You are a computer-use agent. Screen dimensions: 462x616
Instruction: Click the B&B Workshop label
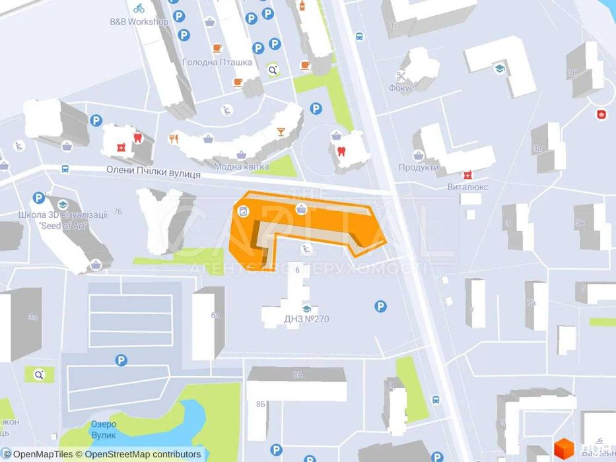(139, 22)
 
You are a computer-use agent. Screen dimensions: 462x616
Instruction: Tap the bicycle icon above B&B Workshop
(139, 9)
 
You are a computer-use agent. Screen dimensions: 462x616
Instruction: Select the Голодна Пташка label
(217, 63)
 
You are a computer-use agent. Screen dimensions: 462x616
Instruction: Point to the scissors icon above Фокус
(401, 76)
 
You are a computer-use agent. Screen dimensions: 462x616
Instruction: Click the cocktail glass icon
(281, 131)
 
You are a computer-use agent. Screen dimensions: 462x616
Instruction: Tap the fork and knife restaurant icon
(174, 138)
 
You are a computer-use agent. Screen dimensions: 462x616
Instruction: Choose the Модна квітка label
(241, 167)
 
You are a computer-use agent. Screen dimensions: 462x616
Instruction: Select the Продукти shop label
(419, 167)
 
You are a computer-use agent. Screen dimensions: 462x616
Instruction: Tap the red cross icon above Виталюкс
(467, 175)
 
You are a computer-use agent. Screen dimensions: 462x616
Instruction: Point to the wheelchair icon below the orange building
(306, 249)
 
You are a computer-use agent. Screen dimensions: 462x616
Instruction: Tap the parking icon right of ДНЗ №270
(380, 306)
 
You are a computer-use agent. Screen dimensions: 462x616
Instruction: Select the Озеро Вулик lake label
(104, 430)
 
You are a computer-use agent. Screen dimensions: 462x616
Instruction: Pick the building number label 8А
(298, 375)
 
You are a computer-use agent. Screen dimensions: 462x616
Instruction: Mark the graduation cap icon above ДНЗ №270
(306, 308)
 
